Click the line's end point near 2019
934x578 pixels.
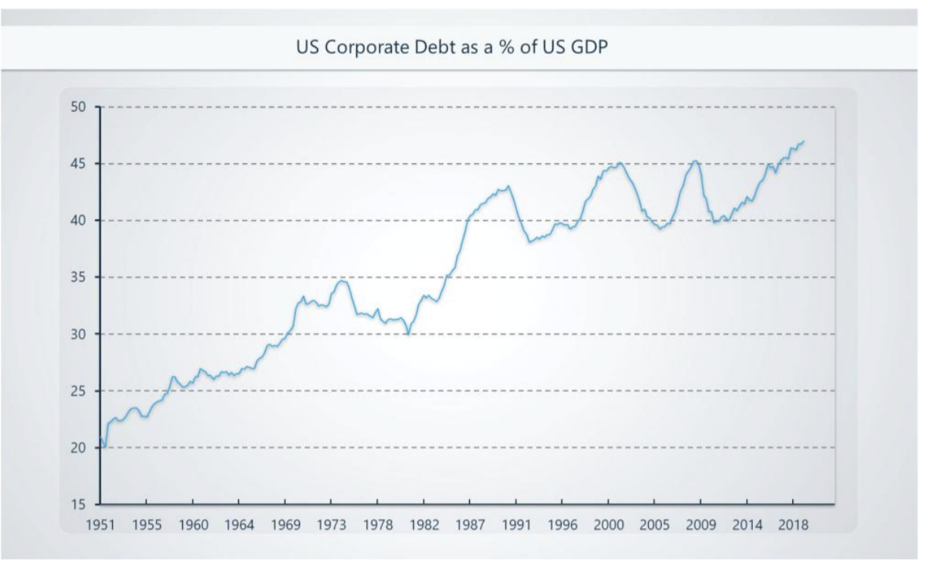coord(804,141)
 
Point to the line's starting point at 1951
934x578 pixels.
coord(100,438)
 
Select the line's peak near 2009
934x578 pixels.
coord(695,160)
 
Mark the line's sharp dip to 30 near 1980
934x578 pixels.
coord(408,334)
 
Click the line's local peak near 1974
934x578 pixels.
coord(343,281)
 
